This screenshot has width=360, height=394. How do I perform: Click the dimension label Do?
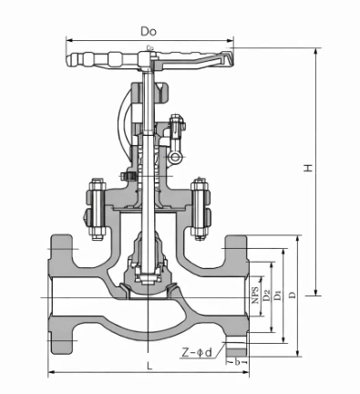click(149, 30)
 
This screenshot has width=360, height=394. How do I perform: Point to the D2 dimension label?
click(266, 296)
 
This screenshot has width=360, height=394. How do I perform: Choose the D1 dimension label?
click(278, 296)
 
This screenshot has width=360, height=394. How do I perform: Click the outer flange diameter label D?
click(291, 296)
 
